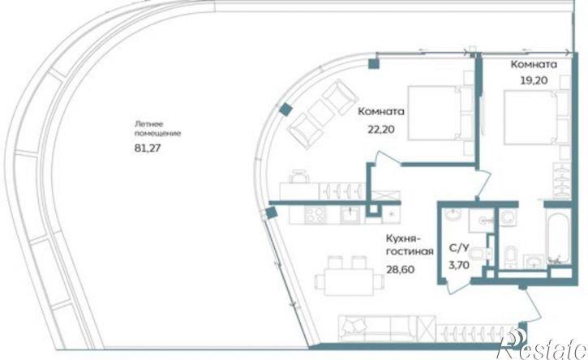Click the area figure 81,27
(x=148, y=148)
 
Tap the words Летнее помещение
(x=157, y=129)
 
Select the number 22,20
(x=381, y=130)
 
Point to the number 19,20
(x=534, y=80)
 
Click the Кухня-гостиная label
(x=409, y=245)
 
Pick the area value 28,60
(x=401, y=269)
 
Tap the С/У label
(x=459, y=248)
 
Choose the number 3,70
(x=459, y=265)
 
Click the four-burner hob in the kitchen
(x=315, y=215)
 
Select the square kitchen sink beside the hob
(x=350, y=215)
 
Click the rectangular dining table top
(x=349, y=281)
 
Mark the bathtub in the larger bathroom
(x=558, y=235)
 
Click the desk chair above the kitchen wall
(x=299, y=176)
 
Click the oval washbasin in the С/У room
(x=454, y=215)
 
